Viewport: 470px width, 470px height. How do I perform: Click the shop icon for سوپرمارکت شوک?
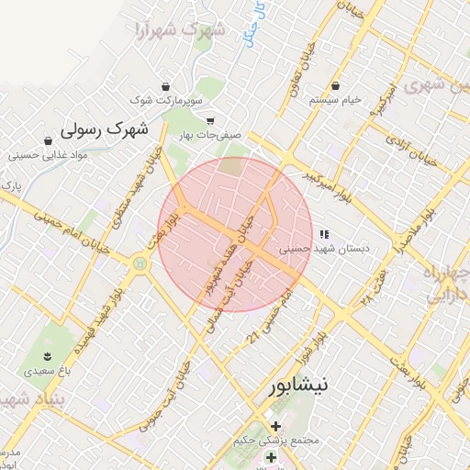165,84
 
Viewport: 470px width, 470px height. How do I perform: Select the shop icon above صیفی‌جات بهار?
209,120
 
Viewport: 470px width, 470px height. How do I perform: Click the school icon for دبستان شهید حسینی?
323,233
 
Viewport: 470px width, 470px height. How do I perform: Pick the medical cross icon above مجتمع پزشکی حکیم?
274,426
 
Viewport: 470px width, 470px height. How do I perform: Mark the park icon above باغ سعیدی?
47,356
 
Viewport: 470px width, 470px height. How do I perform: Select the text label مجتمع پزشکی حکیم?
275,442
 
